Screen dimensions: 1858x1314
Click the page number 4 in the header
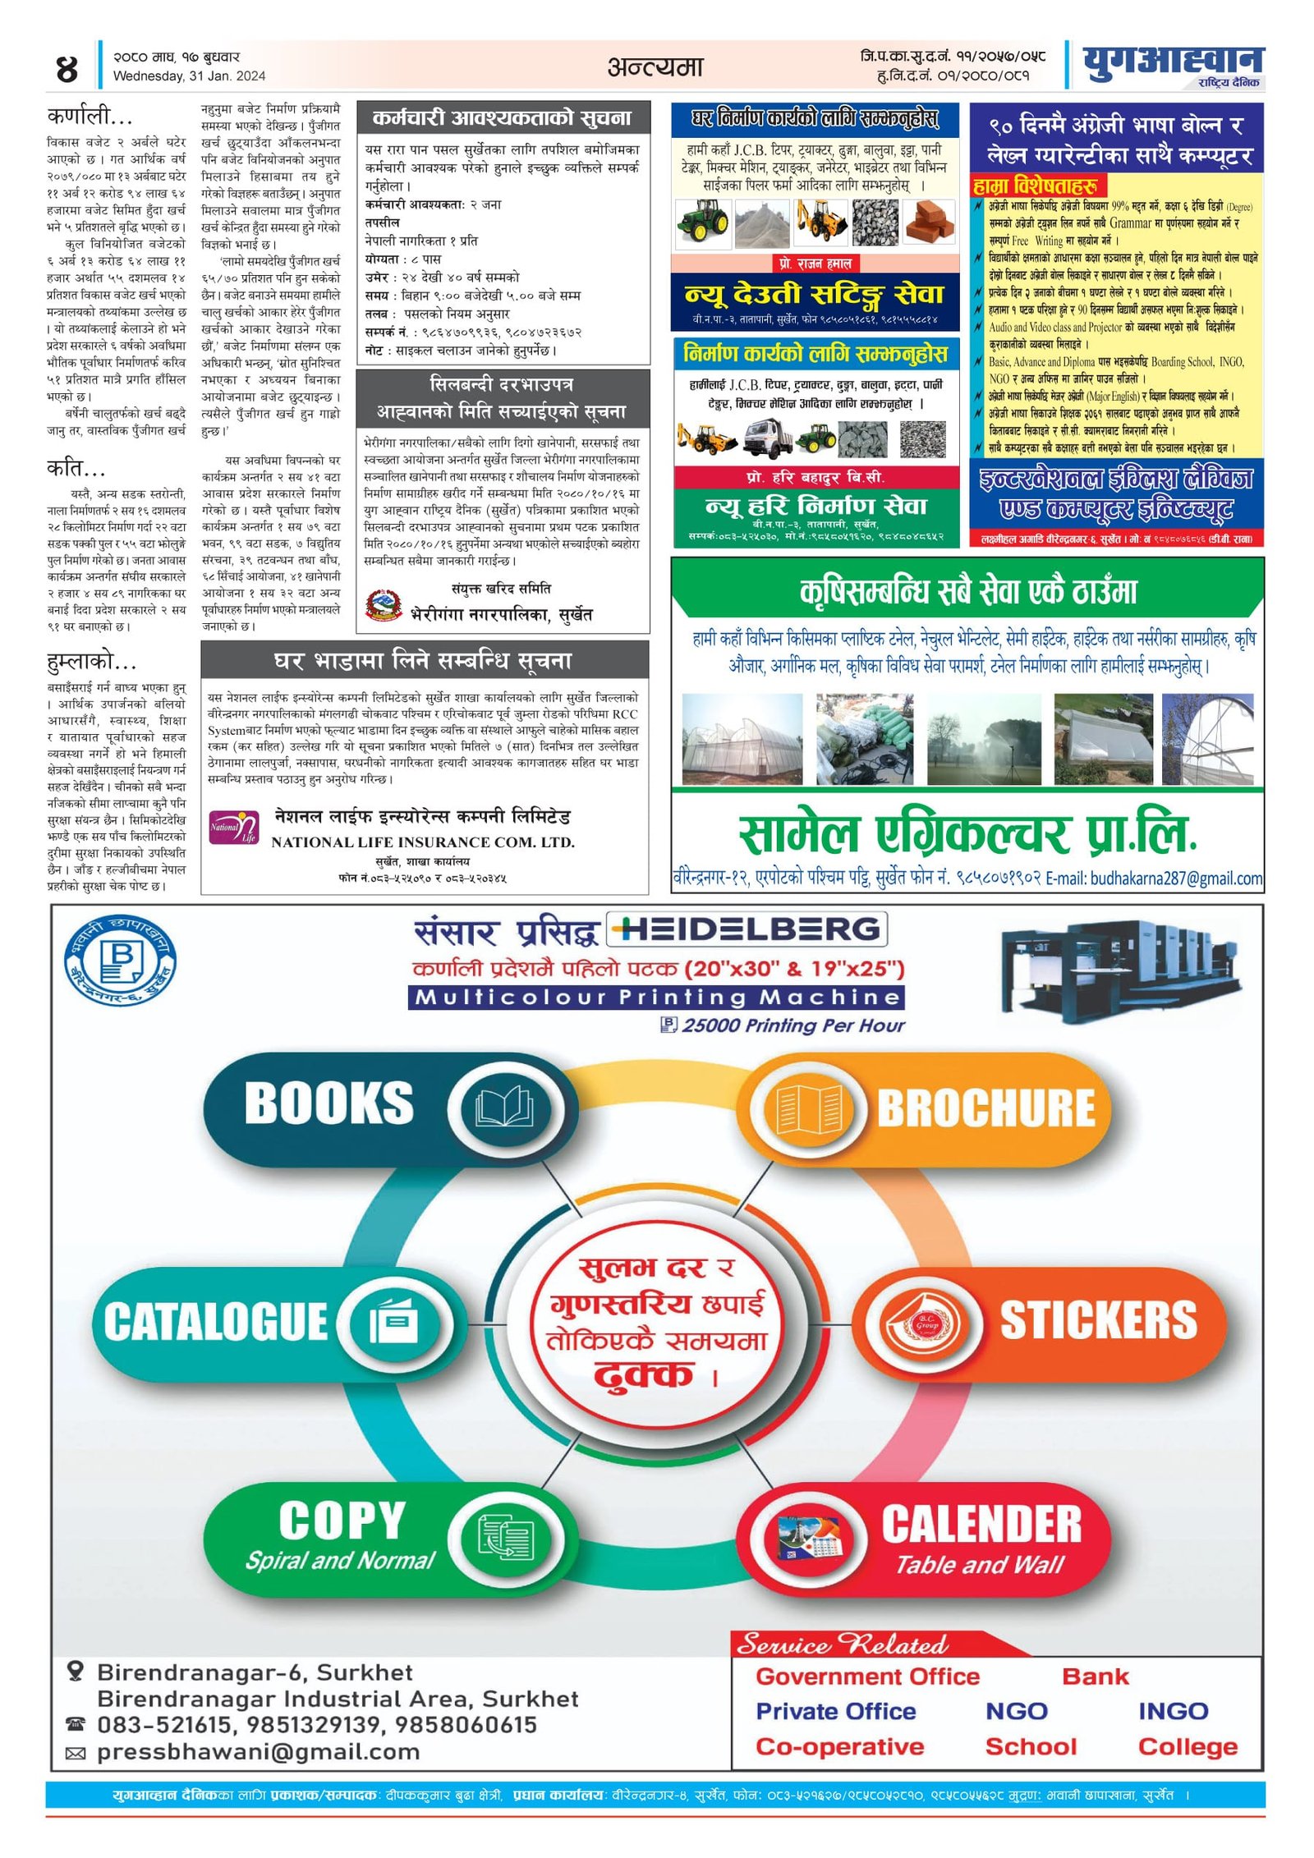coord(67,68)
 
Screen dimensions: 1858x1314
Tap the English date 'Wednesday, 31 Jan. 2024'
coord(189,76)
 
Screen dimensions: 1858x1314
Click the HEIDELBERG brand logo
coord(747,929)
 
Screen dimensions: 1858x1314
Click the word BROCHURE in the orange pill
coord(985,1108)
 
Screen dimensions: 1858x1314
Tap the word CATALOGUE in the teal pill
coord(215,1321)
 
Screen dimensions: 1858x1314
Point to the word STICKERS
coord(1098,1320)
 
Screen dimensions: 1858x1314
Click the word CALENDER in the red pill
coord(981,1525)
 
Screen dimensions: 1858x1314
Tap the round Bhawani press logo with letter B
coord(120,959)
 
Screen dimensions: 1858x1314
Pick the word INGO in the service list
coord(1173,1711)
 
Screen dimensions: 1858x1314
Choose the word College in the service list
coord(1187,1746)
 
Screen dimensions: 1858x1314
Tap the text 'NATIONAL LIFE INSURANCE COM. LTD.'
coord(423,842)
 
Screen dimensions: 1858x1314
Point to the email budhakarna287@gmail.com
coord(1176,879)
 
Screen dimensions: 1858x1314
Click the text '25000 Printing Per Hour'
coord(793,1025)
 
